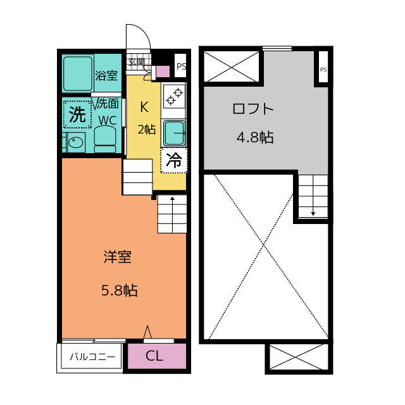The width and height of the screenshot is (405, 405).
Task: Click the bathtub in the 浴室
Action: click(78, 73)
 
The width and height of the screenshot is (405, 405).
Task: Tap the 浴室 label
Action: click(106, 75)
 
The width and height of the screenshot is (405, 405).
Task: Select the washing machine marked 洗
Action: click(77, 115)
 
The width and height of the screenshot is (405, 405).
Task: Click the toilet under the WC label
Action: click(105, 139)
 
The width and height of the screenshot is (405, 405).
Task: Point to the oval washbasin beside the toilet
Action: click(76, 142)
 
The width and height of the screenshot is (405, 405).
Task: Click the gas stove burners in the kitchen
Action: click(175, 96)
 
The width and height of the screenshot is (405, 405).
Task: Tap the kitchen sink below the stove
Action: click(175, 134)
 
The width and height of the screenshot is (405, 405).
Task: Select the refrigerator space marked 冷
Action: click(174, 160)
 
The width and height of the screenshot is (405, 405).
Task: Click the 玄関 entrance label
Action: click(137, 62)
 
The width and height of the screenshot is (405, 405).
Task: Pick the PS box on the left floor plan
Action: click(180, 66)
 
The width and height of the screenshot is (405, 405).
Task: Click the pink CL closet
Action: click(157, 356)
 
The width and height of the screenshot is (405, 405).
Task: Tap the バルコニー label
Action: click(92, 357)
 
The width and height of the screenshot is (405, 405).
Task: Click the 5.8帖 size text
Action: click(120, 290)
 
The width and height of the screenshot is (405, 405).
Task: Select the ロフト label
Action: click(253, 109)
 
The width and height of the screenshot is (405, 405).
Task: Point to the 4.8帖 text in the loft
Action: click(255, 137)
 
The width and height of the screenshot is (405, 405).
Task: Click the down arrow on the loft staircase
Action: click(313, 196)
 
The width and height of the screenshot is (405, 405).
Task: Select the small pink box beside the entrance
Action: click(163, 72)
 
